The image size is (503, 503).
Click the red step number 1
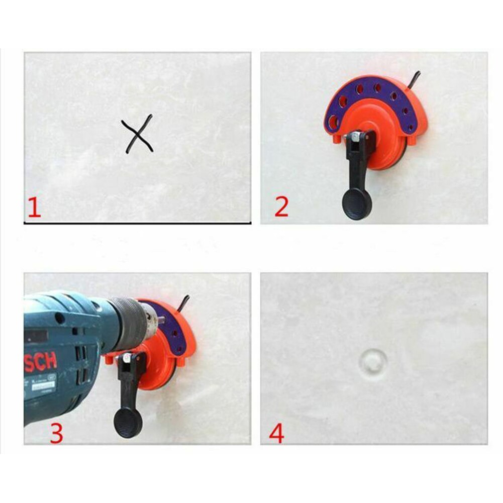(x=34, y=208)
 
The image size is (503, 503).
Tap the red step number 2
(x=281, y=207)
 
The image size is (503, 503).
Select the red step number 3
(x=56, y=433)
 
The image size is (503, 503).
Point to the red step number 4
(x=276, y=433)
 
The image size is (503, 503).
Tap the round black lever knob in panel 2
(x=357, y=204)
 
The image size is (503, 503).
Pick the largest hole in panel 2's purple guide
(x=334, y=120)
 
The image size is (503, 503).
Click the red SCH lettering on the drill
(x=40, y=363)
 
